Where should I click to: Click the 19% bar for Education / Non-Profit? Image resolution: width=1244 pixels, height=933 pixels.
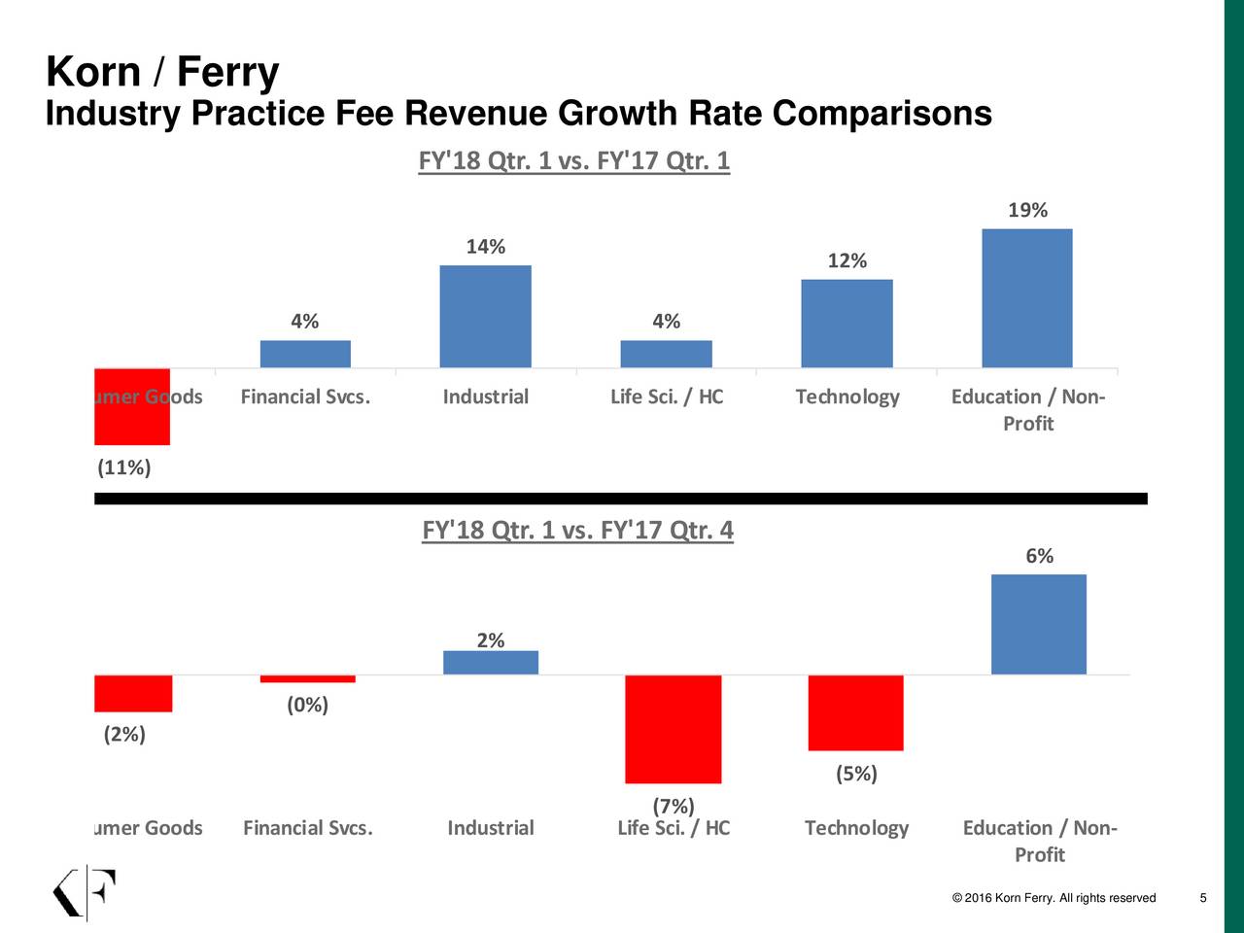pyautogui.click(x=1027, y=298)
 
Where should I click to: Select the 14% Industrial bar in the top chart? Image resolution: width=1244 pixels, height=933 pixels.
pyautogui.click(x=485, y=317)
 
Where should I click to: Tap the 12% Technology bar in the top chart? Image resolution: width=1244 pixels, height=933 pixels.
pyautogui.click(x=847, y=324)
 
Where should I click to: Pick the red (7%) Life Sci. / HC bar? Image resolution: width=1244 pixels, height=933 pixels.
pyautogui.click(x=673, y=729)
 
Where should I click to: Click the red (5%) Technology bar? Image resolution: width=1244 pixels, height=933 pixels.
pyautogui.click(x=855, y=712)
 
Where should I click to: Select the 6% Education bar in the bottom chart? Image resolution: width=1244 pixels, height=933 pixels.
pyautogui.click(x=1038, y=624)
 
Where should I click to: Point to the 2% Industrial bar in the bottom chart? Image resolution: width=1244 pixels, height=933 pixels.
pyautogui.click(x=491, y=663)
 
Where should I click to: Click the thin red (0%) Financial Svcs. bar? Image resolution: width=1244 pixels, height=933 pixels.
pyautogui.click(x=307, y=678)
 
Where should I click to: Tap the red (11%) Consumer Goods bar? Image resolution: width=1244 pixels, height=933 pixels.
pyautogui.click(x=132, y=406)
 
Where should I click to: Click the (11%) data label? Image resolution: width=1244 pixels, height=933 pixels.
pyautogui.click(x=124, y=468)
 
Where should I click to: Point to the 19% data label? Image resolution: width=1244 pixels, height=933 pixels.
pyautogui.click(x=1027, y=211)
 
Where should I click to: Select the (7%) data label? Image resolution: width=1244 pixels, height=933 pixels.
pyautogui.click(x=673, y=807)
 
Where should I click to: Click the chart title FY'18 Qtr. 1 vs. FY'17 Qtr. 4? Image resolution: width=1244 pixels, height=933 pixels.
pyautogui.click(x=577, y=532)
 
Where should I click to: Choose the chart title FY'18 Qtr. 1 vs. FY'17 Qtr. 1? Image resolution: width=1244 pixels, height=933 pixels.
pyautogui.click(x=573, y=160)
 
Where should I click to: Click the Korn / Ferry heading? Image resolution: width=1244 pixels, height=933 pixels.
pyautogui.click(x=162, y=73)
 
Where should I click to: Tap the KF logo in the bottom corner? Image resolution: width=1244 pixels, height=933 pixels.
pyautogui.click(x=84, y=892)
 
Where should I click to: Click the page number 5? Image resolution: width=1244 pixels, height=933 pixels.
pyautogui.click(x=1203, y=898)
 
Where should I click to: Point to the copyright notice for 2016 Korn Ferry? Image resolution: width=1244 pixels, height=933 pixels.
pyautogui.click(x=1054, y=898)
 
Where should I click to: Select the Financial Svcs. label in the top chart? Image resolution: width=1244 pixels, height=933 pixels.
pyautogui.click(x=305, y=397)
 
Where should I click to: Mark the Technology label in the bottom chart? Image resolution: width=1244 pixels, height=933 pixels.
pyautogui.click(x=856, y=828)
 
